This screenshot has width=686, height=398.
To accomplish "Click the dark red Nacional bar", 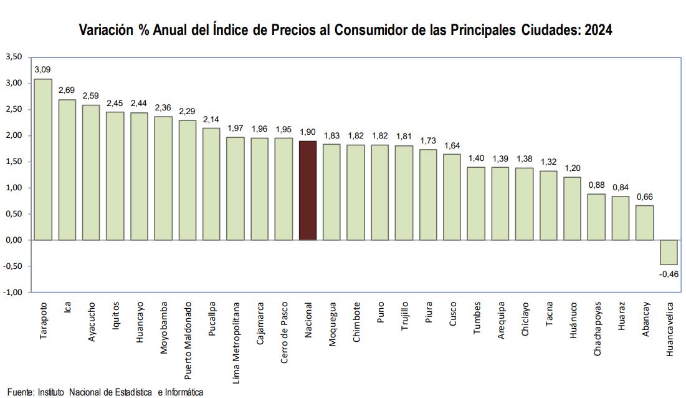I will (x=308, y=190).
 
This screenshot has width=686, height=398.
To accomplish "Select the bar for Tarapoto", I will (x=43, y=159).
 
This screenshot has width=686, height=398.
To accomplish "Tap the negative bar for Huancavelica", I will (x=669, y=252).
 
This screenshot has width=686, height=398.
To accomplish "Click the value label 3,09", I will (x=43, y=69).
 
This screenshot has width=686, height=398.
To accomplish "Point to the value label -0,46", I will (x=669, y=273).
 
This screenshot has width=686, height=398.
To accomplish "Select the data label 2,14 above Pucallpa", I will (x=212, y=119).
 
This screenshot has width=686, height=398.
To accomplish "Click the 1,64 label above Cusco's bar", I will (x=452, y=145).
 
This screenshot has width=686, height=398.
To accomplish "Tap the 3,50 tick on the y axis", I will (x=14, y=57).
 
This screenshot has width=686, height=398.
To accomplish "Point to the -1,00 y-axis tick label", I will (x=13, y=293).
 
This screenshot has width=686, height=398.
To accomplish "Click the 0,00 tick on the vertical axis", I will (x=14, y=240).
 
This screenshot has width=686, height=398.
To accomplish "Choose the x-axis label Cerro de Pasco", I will (x=283, y=336).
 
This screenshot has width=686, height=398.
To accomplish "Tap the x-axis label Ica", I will (x=67, y=309).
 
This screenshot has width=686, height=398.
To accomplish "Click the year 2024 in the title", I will (x=599, y=30).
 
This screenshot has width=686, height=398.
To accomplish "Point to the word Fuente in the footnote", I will (x=19, y=392).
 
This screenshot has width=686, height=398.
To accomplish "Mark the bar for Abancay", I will (x=645, y=223).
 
